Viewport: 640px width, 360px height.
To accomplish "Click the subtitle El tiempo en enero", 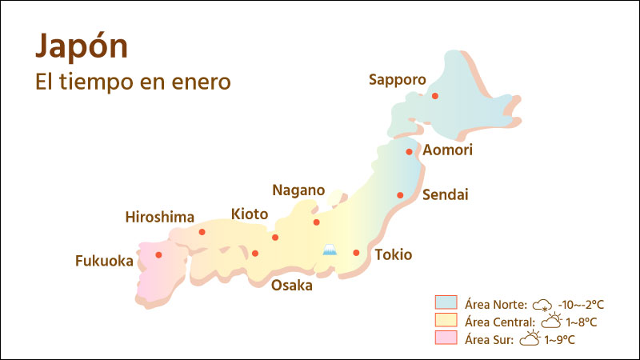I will [133, 82].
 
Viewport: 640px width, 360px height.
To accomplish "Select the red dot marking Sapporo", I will [435, 96].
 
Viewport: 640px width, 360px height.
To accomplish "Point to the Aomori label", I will [448, 150].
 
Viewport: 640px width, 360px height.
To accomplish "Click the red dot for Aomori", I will [409, 151].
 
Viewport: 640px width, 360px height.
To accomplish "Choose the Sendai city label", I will [445, 194].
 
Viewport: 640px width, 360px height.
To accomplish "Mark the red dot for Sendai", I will [400, 195].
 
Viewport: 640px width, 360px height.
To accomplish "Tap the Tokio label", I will [393, 255].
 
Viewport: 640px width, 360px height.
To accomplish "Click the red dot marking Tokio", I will [356, 253].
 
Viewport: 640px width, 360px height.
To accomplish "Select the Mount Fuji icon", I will [329, 250].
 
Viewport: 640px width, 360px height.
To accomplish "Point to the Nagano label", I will [298, 190].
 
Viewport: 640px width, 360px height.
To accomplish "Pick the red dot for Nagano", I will [316, 222].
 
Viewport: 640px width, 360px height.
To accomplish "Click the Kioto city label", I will [250, 214].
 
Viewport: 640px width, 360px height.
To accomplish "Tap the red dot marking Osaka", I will [255, 254].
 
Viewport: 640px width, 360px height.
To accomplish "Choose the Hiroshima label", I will [160, 217].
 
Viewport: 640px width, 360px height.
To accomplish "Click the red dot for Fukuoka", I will [158, 255].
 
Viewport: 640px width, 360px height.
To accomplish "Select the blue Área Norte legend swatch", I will [446, 303].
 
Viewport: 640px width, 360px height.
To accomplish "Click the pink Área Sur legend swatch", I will [446, 338].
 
